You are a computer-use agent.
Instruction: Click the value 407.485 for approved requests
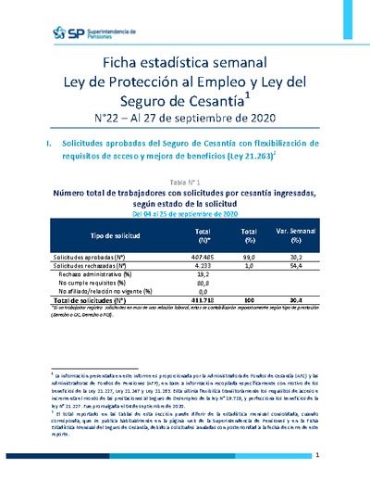coord(203,257)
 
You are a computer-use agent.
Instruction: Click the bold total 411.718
coord(203,301)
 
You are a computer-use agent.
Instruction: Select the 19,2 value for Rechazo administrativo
coord(203,274)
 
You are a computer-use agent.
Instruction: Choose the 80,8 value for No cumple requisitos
coord(203,284)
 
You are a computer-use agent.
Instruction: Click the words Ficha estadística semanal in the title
coord(185,63)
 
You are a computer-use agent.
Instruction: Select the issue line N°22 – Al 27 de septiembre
coord(185,118)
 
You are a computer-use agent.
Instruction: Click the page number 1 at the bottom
coord(316,456)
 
